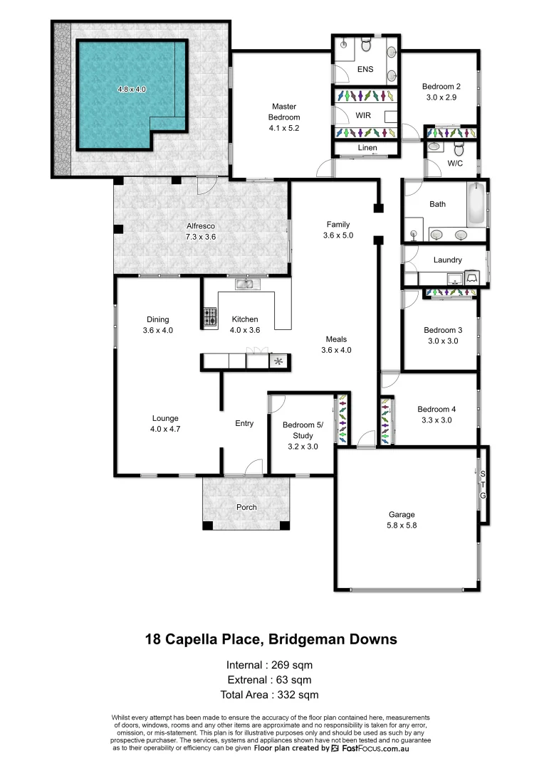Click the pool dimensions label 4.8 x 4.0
pos(132,90)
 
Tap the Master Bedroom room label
pos(283,112)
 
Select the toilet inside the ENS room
pos(366,46)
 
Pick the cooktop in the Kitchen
pos(210,316)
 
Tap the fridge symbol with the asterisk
pos(278,362)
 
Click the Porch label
pos(246,507)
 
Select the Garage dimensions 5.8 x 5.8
pos(402,526)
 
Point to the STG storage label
pos(482,484)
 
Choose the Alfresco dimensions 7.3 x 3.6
pos(202,237)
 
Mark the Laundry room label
pos(447,260)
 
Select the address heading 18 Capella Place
pos(271,639)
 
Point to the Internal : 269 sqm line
pos(269,666)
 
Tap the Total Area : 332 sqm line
pos(269,695)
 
